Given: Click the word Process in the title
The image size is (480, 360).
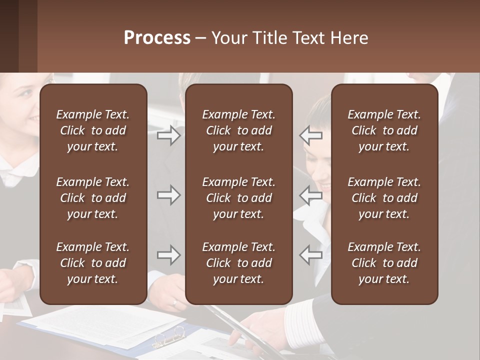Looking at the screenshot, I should point(157,38).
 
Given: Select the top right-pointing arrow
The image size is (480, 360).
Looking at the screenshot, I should point(169,135).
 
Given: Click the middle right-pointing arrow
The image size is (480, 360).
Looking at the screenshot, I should point(169,195).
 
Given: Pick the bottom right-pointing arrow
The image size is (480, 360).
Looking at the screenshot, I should point(169,255).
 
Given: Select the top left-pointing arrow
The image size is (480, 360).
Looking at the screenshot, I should point(310,135).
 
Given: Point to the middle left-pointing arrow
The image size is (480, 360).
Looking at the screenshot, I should point(310,195).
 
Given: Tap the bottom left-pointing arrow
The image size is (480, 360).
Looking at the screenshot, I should point(310,255).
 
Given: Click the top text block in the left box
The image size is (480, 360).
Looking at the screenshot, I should point(93,130).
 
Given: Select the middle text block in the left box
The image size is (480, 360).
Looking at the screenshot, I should point(93,198).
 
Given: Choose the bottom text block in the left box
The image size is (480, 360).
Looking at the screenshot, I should point(93,263).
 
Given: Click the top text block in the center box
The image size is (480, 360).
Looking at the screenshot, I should point(238,130).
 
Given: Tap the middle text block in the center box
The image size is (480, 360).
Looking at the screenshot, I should point(238,198).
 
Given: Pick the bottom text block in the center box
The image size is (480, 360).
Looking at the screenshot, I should point(238,263).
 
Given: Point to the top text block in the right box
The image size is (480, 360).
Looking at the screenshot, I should point(384,130).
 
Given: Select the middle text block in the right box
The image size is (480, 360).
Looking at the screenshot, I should point(384,198).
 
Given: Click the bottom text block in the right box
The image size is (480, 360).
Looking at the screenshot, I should point(384,263).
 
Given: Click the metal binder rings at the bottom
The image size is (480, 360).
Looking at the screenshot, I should point(169,337).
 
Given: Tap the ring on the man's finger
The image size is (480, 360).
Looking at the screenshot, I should point(174,302).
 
